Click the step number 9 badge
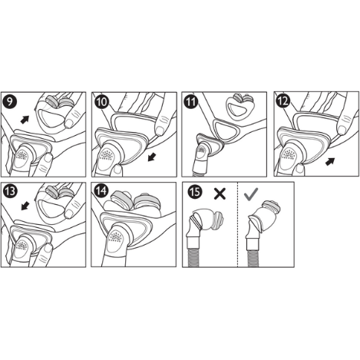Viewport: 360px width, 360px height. pos(11,101)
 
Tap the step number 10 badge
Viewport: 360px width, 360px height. pos(101,101)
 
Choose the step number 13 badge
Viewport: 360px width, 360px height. pos(11,190)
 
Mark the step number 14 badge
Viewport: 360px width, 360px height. pos(101,190)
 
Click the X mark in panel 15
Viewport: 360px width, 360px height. pos(218,194)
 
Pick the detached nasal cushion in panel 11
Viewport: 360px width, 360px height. pos(241,107)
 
